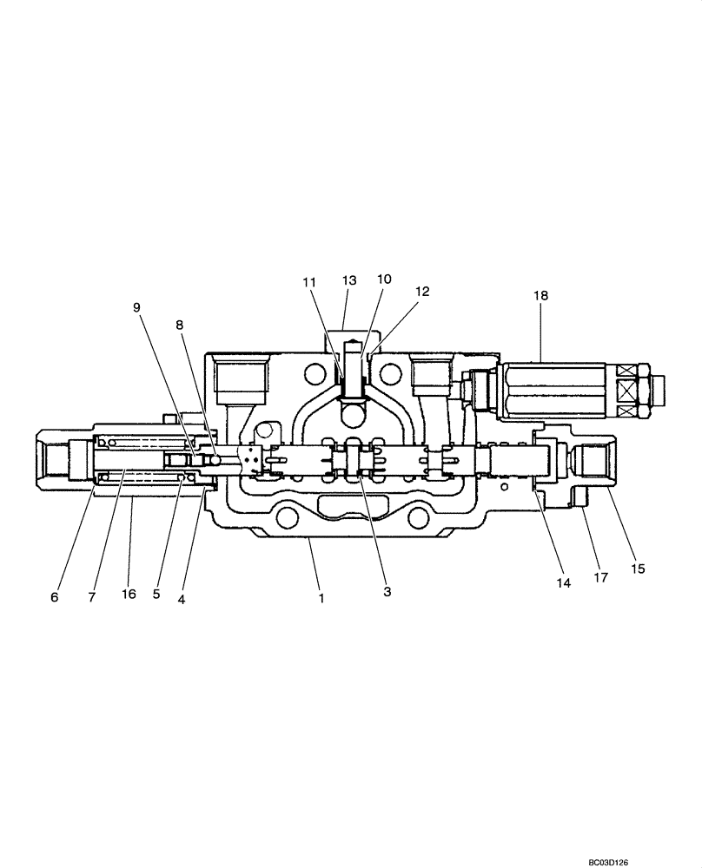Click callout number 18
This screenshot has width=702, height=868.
[x=540, y=296]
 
